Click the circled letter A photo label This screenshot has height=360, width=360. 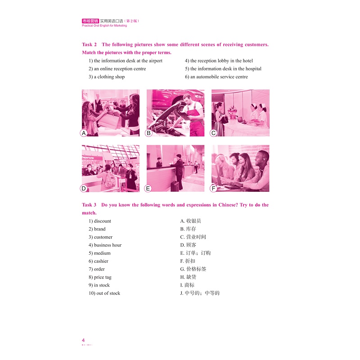click(x=83, y=133)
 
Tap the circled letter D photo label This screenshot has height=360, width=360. click(x=83, y=188)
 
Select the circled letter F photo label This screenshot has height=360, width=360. click(x=214, y=188)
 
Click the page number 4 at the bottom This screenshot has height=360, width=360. click(x=83, y=340)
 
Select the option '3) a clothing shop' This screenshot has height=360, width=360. click(x=107, y=77)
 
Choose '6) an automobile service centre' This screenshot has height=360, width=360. click(x=216, y=77)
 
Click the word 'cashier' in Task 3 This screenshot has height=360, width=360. click(x=101, y=261)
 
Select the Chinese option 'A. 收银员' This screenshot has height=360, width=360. click(x=190, y=221)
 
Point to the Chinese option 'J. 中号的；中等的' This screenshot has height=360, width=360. click(x=199, y=293)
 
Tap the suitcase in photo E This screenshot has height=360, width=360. click(x=174, y=185)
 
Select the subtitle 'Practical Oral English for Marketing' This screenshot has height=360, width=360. click(x=104, y=26)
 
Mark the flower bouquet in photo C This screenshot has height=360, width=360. click(x=233, y=110)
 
